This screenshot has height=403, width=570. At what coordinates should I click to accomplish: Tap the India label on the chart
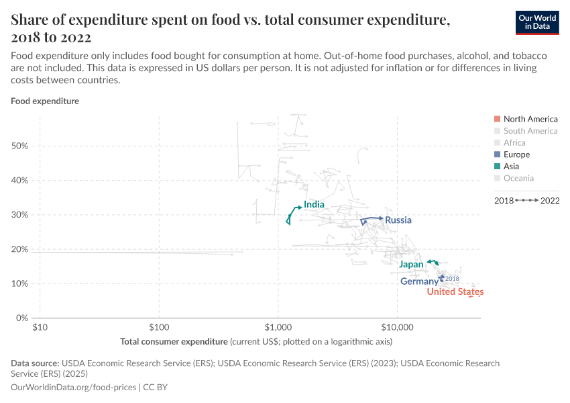click(314, 204)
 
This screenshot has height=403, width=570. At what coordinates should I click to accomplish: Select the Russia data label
click(398, 220)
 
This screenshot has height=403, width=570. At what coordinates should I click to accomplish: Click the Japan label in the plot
click(411, 265)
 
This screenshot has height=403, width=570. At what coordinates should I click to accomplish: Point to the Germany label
click(419, 281)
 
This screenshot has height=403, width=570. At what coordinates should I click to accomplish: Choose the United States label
click(455, 292)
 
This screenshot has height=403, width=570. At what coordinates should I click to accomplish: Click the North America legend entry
click(530, 119)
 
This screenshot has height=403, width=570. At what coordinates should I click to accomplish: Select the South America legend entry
click(530, 131)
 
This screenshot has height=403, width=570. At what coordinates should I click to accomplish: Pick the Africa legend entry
click(514, 142)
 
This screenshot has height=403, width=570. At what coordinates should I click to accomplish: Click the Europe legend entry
click(516, 154)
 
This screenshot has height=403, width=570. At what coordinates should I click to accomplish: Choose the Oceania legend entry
click(518, 178)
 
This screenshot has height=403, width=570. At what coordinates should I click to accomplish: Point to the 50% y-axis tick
click(20, 146)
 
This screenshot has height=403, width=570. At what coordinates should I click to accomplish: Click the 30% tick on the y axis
click(20, 215)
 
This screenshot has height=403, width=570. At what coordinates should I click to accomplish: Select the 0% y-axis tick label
click(22, 318)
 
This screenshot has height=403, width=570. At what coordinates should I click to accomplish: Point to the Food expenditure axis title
click(45, 101)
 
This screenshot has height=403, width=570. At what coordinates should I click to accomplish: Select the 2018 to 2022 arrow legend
click(526, 200)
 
